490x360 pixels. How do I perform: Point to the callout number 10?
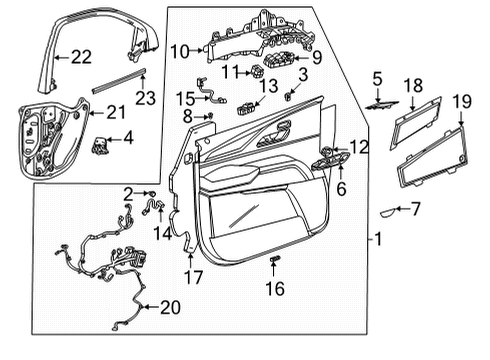[179, 50]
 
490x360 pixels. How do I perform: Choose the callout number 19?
[461, 100]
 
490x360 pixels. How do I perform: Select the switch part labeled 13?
[245, 107]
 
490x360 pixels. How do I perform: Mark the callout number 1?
[377, 240]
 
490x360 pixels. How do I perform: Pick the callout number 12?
[359, 147]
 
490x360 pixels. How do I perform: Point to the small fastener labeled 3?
[288, 96]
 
